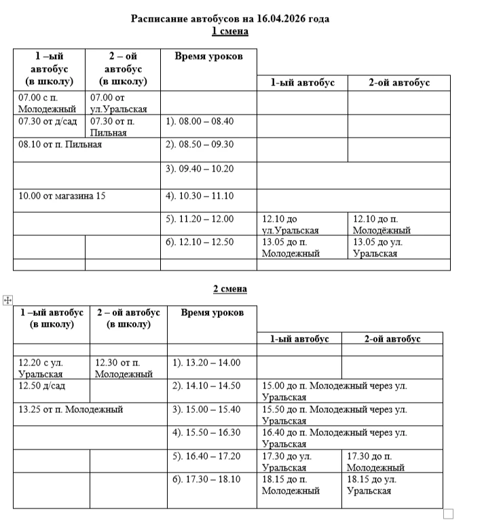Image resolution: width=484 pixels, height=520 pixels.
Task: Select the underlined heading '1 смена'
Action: point(230,31)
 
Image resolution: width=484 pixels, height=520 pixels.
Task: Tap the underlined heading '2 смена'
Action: point(230,289)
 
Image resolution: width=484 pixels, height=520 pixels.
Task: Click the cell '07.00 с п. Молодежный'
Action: point(49,103)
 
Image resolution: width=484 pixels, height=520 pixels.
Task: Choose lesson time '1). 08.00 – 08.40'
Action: point(200,121)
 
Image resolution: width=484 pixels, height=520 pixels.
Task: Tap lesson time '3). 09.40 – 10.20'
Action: point(200,169)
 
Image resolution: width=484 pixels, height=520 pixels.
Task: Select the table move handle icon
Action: point(8,299)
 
